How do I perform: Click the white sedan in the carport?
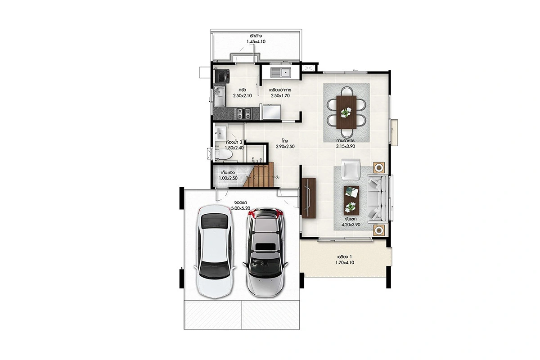click(x=215, y=252)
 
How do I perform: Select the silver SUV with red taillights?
click(x=265, y=252)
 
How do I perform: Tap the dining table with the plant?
click(x=346, y=112)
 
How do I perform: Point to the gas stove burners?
click(x=244, y=113)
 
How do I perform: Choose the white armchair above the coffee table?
click(x=351, y=169)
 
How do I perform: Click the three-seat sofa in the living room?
click(x=378, y=198)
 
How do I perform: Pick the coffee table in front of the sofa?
click(x=351, y=200)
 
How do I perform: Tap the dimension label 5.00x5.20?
click(x=241, y=208)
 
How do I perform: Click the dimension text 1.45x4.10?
click(x=256, y=41)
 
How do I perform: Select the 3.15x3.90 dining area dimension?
click(x=346, y=146)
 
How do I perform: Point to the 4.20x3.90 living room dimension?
click(x=351, y=225)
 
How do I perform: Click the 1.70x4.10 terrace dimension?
click(x=345, y=263)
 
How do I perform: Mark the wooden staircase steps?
click(x=259, y=174)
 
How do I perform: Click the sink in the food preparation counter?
click(x=281, y=72)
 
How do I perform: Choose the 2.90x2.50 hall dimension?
click(x=285, y=146)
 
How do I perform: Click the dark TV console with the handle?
click(x=309, y=198)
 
